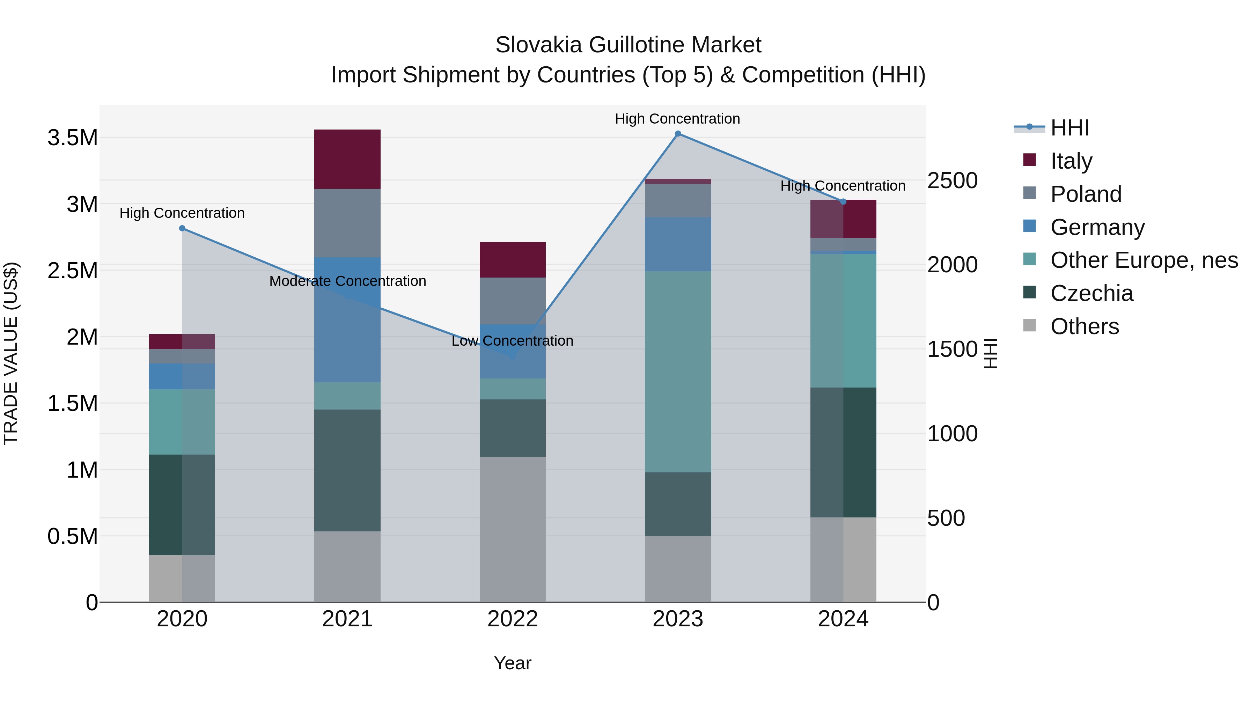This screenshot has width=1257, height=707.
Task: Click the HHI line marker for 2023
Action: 678,134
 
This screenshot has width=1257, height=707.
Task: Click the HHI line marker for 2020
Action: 182,228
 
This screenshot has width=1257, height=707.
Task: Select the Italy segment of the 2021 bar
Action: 347,159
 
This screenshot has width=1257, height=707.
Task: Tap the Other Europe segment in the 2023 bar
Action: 678,371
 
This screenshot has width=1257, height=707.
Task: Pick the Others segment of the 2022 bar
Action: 512,529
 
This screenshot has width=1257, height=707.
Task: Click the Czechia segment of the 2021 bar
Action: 347,470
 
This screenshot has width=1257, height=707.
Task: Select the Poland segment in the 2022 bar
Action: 512,301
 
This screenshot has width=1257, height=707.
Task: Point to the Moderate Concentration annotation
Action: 347,281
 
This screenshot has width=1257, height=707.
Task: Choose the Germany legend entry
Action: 1097,227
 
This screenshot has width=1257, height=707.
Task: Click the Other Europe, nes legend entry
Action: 1144,260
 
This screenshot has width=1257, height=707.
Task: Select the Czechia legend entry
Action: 1091,293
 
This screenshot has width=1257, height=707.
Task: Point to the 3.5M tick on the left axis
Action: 73,138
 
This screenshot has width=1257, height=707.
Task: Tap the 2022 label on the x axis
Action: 512,619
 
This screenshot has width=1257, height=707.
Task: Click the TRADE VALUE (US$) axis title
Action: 11,353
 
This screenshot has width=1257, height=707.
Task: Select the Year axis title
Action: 512,663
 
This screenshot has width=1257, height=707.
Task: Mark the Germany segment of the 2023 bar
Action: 678,244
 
